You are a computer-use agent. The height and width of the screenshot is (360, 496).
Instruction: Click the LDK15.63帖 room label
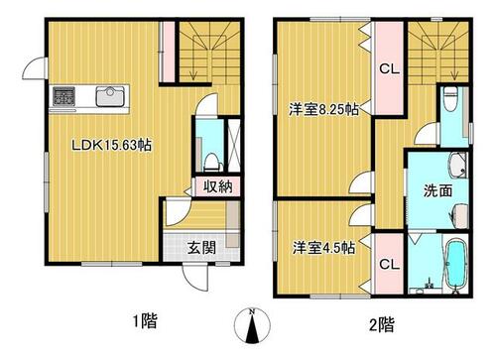[112, 145]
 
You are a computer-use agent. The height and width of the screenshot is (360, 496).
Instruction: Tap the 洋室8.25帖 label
[323, 109]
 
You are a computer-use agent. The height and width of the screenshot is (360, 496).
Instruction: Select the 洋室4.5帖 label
[323, 248]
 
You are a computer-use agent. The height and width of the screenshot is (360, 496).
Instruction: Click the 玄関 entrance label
[201, 248]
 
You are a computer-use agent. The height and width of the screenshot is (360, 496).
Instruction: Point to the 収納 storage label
[217, 187]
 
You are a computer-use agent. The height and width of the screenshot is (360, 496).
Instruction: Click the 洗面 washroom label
[437, 190]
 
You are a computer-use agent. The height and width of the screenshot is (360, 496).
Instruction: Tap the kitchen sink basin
[110, 96]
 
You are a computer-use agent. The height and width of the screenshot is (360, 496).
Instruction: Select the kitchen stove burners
[63, 96]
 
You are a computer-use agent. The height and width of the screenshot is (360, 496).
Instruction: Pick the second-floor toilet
[450, 98]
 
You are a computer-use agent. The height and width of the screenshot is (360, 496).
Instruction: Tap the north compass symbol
[252, 325]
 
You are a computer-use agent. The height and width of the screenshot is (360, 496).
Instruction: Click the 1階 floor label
[145, 320]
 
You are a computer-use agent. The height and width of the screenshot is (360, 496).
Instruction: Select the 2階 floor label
[382, 324]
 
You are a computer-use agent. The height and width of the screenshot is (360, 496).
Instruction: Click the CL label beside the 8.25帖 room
[390, 68]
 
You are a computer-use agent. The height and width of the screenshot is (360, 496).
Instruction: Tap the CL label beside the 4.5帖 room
[390, 264]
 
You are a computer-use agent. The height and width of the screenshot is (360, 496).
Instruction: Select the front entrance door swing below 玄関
[195, 278]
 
